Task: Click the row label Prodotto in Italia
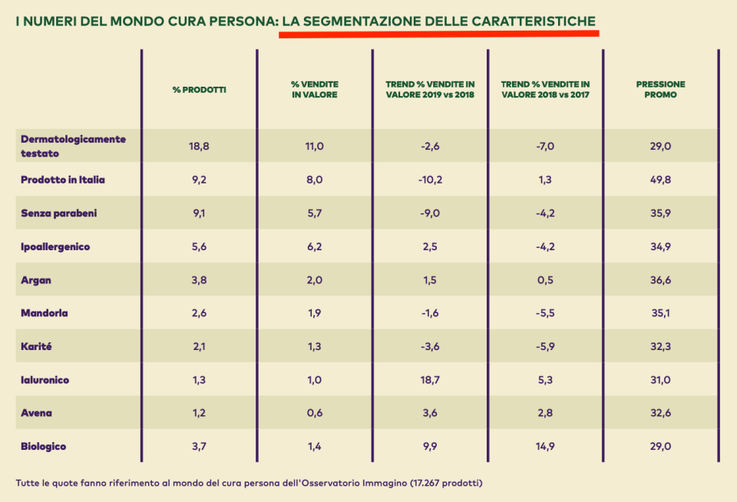coord(63,180)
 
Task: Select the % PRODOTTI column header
coord(199,90)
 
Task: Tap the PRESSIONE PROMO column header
coord(660,90)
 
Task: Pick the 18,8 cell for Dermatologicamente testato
coord(199,146)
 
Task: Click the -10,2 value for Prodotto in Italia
coord(430,180)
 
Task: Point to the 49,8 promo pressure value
coord(660,180)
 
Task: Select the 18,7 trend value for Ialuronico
coord(430,380)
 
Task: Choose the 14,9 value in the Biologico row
coord(545,446)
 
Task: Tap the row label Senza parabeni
coord(58,213)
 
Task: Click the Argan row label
coord(36,280)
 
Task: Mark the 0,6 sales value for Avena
coord(315,413)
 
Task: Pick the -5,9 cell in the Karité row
coord(545,346)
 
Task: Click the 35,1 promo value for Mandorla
coord(660,313)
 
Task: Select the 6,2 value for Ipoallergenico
coord(315,246)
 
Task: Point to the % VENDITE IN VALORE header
coord(315,90)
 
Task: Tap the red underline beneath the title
coord(438,34)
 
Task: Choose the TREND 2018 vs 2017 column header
coord(545,90)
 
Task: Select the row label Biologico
coord(44,446)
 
